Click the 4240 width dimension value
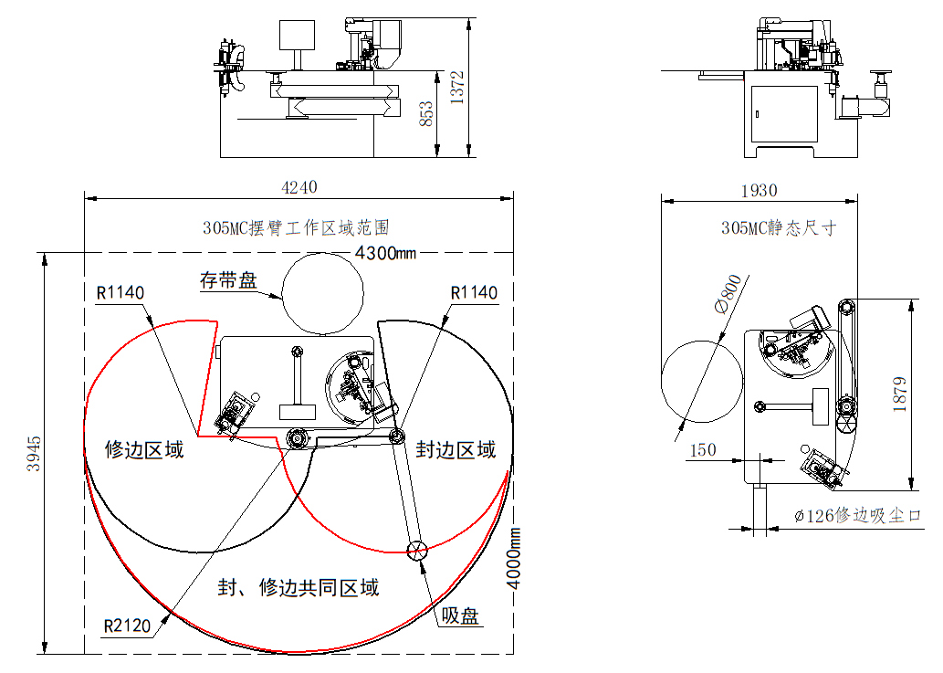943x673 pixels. click(299, 187)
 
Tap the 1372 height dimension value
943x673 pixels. click(457, 88)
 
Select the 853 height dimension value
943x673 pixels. click(425, 113)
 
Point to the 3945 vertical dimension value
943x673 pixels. click(34, 454)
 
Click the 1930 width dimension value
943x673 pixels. click(759, 191)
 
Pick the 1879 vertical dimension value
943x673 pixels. click(900, 394)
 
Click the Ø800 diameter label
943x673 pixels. click(728, 294)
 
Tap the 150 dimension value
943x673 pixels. click(702, 450)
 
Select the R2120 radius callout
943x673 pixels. click(127, 626)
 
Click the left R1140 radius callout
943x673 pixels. click(120, 293)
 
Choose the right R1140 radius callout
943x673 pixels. click(474, 293)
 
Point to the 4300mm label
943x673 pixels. click(385, 253)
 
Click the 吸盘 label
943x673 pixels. click(460, 615)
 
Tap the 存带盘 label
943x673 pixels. click(228, 280)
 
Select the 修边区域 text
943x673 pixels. click(144, 449)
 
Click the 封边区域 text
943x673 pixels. click(456, 449)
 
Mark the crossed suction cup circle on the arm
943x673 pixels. click(417, 550)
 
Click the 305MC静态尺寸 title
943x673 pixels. click(779, 228)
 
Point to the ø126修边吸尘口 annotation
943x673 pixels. click(858, 515)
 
